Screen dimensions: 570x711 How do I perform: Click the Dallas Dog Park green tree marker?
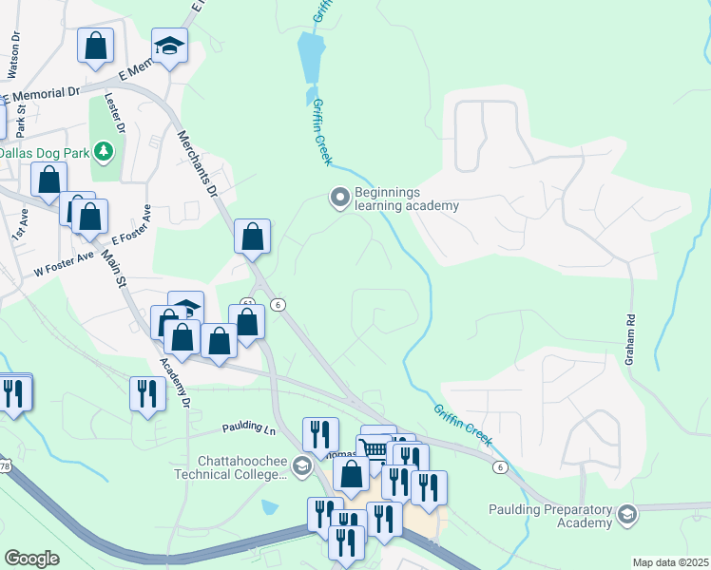pyautogui.click(x=104, y=151)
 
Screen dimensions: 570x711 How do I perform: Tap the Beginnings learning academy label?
pyautogui.click(x=406, y=199)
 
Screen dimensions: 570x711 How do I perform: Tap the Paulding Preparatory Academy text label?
pyautogui.click(x=550, y=516)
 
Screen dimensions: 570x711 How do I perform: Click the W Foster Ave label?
pyautogui.click(x=63, y=256)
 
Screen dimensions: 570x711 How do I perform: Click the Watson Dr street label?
pyautogui.click(x=13, y=59)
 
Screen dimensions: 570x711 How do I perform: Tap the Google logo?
pyautogui.click(x=31, y=558)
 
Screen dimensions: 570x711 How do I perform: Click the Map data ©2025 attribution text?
pyautogui.click(x=670, y=562)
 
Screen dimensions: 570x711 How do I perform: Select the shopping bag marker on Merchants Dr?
pyautogui.click(x=252, y=237)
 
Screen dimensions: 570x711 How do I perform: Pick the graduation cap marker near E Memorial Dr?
pyautogui.click(x=169, y=46)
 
